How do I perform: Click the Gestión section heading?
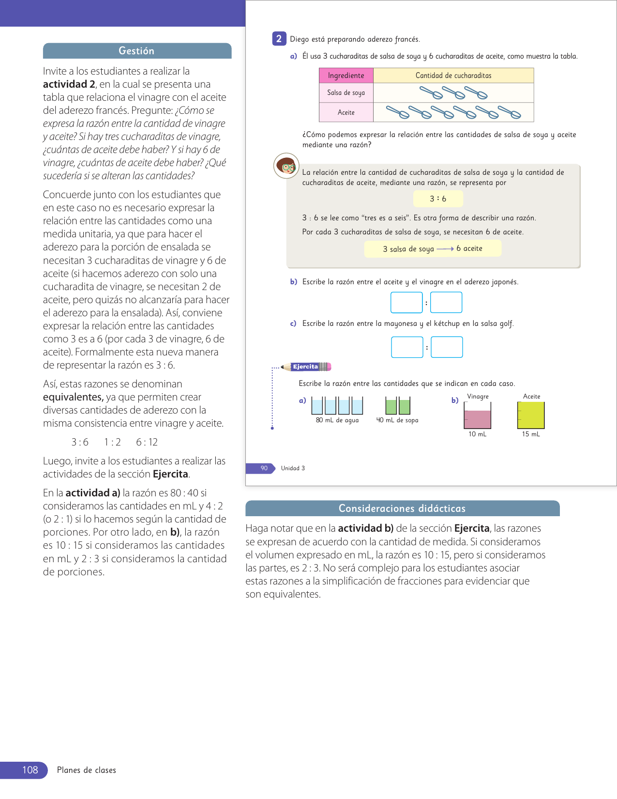pos(136,51)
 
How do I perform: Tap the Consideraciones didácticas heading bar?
pos(402,508)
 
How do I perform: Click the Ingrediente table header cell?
pos(346,76)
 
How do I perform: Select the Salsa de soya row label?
pos(346,92)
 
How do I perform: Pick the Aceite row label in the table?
pos(346,112)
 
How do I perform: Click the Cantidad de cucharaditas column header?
pos(453,76)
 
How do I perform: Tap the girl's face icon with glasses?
pos(286,166)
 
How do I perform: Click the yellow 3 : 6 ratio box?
pos(438,199)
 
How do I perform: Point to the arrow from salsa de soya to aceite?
pos(445,249)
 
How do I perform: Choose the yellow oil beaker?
pos(531,415)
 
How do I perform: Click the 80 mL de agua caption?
pos(337,420)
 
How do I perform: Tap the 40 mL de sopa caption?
pos(397,420)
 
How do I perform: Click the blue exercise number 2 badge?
pos(279,39)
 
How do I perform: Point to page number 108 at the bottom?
pos(30,770)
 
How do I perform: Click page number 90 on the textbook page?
pos(264,468)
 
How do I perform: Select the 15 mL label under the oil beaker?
pos(531,434)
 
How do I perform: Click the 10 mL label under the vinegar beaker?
pos(478,434)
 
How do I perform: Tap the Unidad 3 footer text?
pos(293,468)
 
